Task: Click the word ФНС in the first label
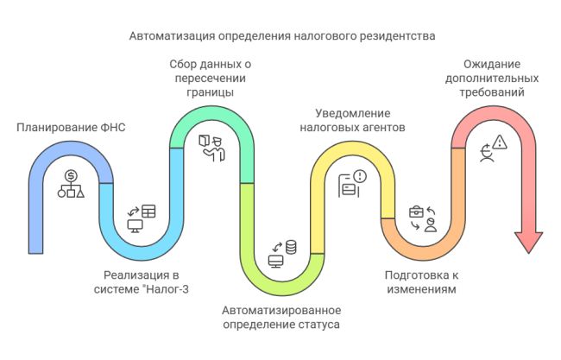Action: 113,129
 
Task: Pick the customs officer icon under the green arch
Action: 211,146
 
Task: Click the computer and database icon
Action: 282,254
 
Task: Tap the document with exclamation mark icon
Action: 353,183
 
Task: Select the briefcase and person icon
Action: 423,218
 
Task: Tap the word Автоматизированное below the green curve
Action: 281,311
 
